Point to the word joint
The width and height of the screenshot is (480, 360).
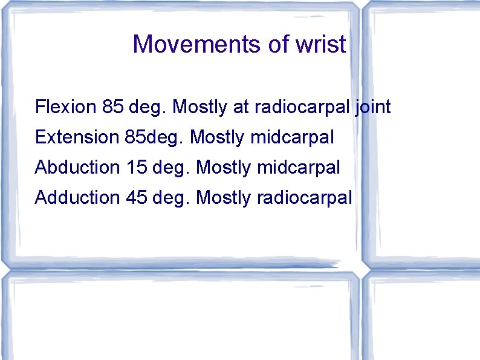pos(373,108)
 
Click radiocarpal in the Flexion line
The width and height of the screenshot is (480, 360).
pos(302,108)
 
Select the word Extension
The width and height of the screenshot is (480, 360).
pos(77,137)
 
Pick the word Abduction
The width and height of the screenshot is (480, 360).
pos(78,167)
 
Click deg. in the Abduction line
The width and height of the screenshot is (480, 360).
pos(172,167)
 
